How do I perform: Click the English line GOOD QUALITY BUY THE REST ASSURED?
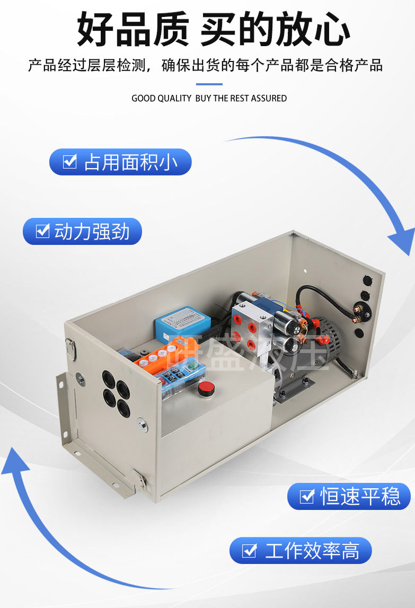(209, 99)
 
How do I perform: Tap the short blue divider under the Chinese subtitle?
(209, 84)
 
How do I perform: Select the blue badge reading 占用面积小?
(120, 162)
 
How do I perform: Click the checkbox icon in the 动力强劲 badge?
(42, 232)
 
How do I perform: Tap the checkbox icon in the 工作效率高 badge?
(249, 551)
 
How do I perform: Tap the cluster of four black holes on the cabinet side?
(116, 392)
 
